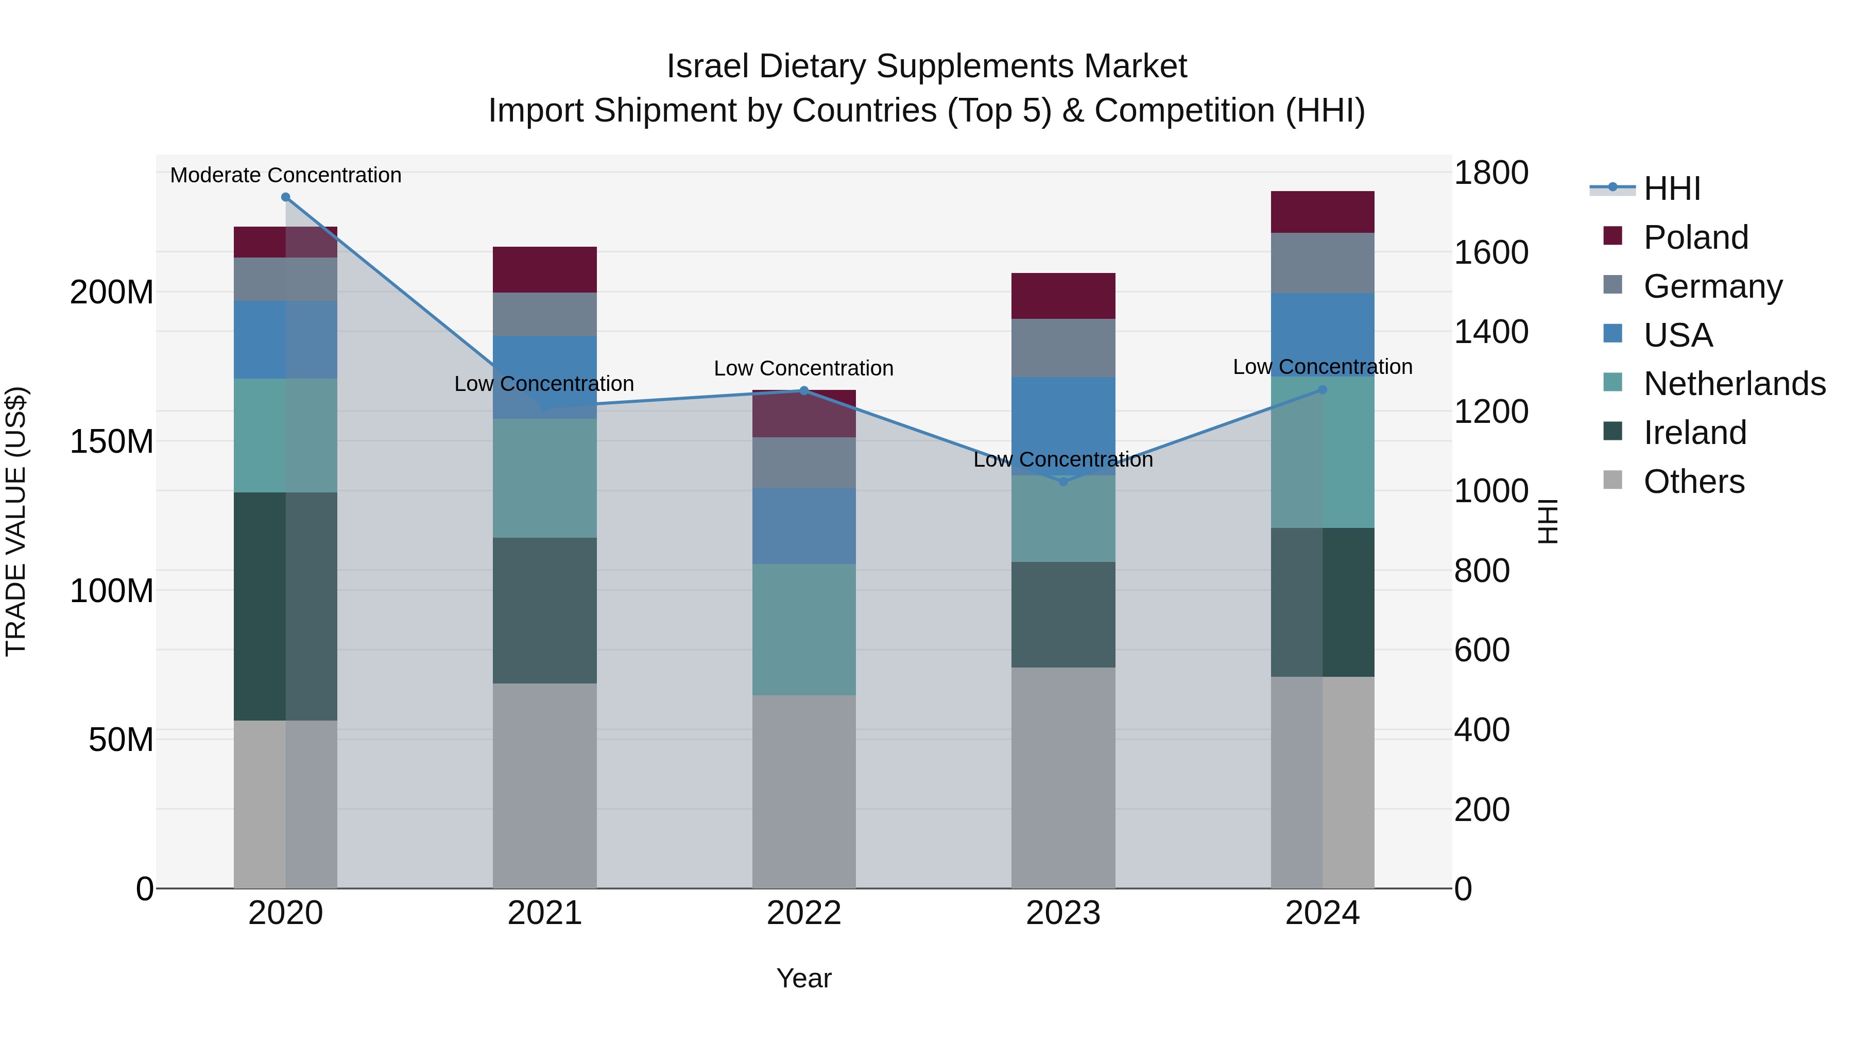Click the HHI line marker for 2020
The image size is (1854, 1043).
(286, 197)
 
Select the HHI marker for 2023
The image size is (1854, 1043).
(1063, 482)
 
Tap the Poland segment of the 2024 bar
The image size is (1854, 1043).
(1322, 212)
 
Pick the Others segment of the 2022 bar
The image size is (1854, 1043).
(804, 791)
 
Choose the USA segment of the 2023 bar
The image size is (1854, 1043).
(1063, 425)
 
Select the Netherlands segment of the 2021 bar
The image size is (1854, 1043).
(545, 478)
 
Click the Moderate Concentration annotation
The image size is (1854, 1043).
(286, 175)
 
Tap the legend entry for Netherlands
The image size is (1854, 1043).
(1735, 384)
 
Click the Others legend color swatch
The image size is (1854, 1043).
(1613, 480)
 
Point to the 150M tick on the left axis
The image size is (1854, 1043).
(112, 441)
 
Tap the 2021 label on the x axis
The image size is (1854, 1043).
(545, 913)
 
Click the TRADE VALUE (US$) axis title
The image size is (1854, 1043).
(16, 521)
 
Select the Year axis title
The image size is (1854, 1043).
(804, 978)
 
